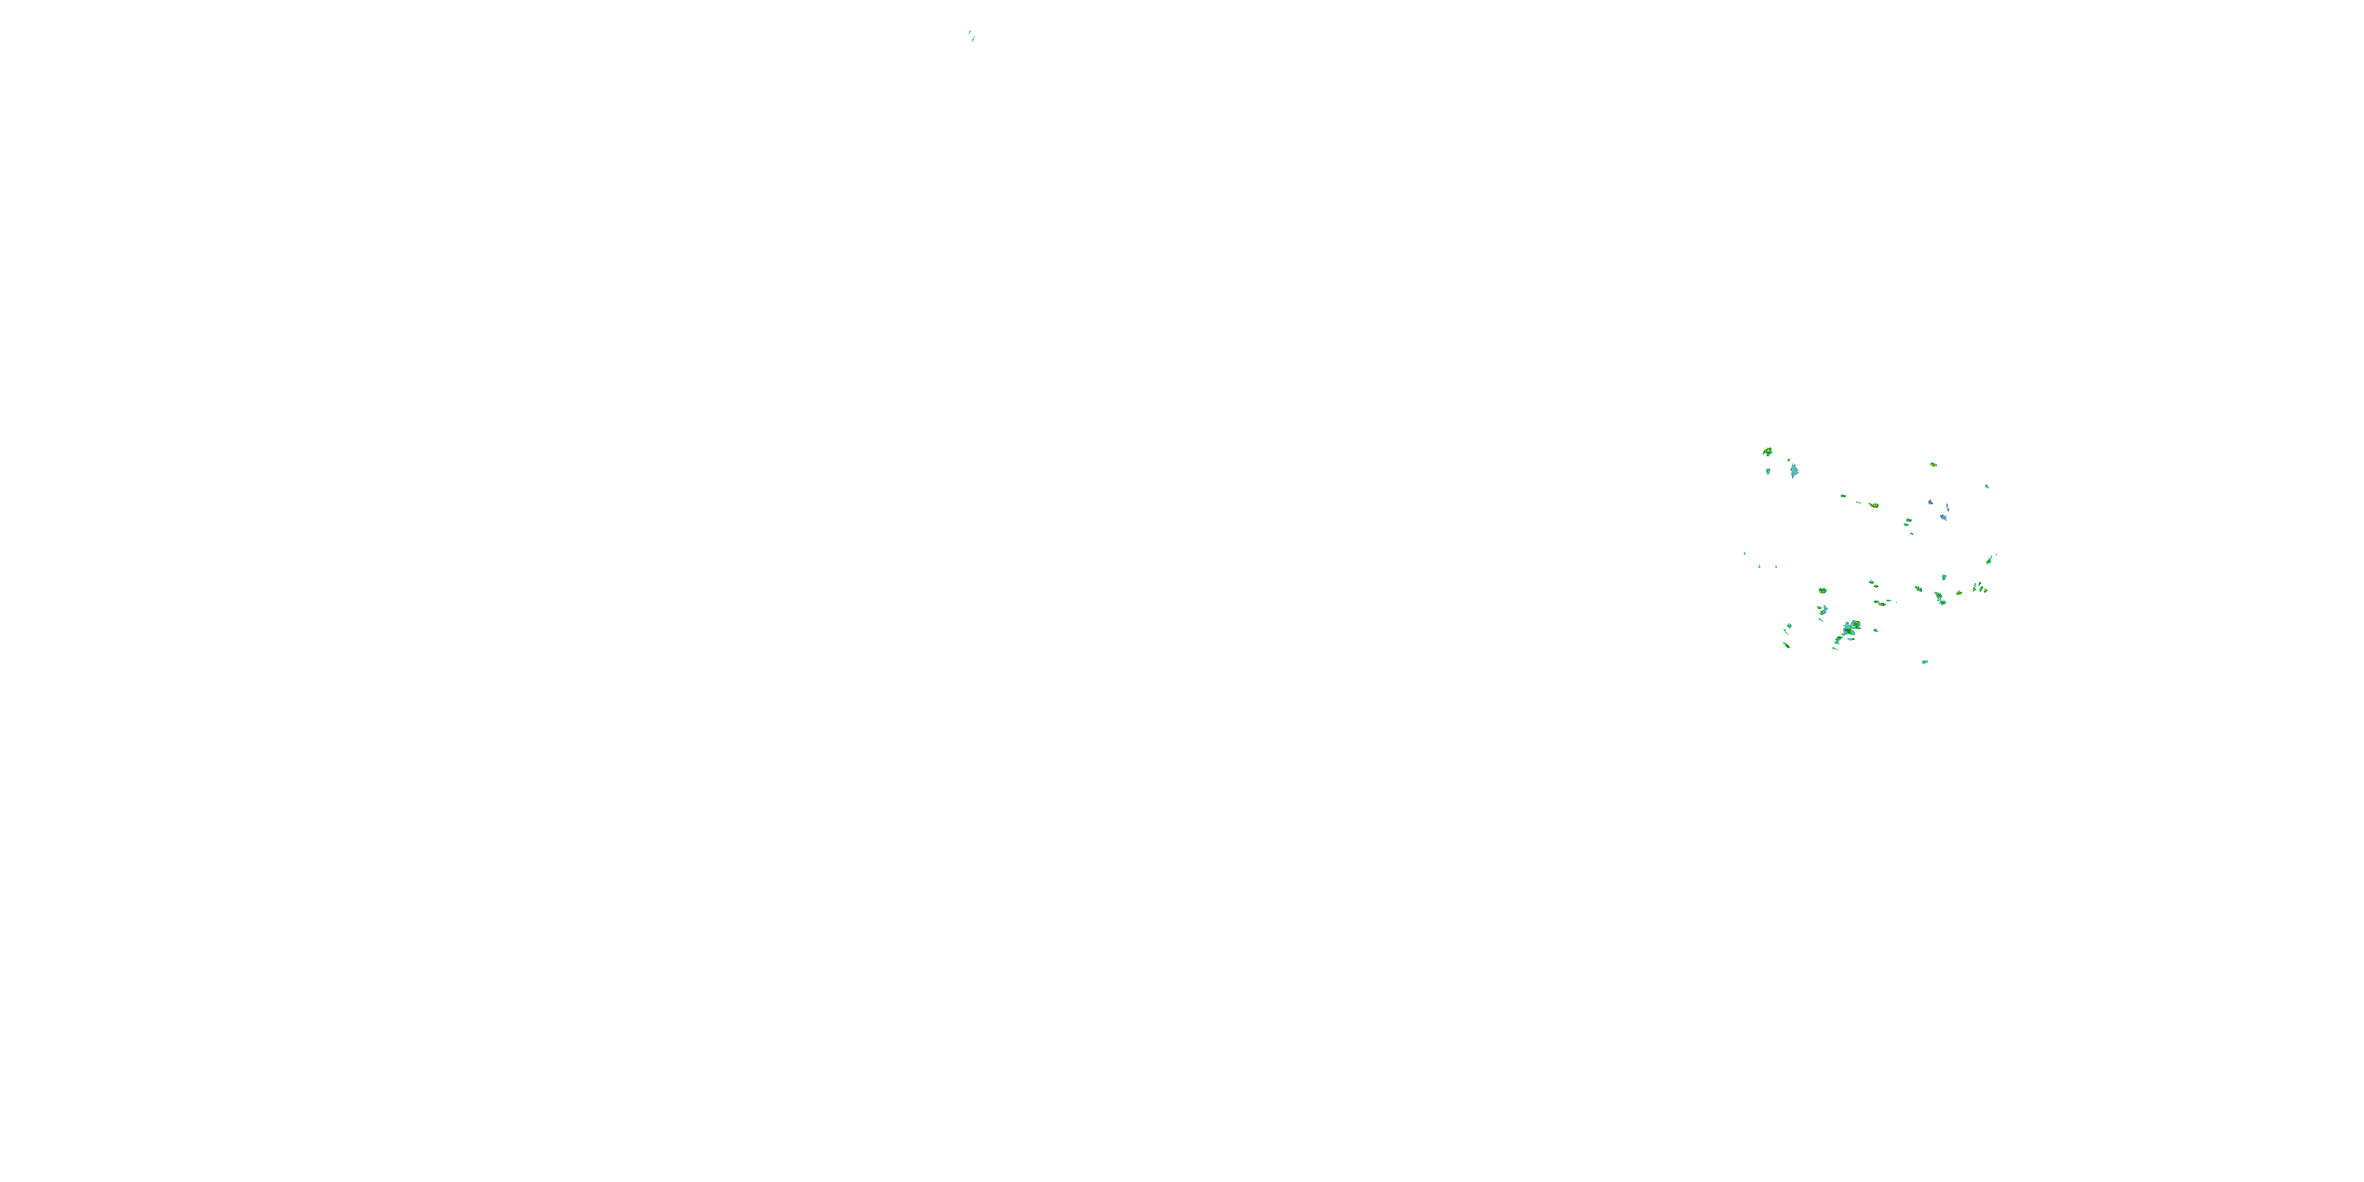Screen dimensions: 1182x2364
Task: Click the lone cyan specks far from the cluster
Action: point(971,35)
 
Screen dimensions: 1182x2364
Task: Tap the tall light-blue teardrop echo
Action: point(1794,470)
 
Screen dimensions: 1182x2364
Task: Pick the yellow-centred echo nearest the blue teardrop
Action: point(1767,452)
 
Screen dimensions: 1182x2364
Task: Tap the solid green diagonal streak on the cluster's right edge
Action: point(1990,559)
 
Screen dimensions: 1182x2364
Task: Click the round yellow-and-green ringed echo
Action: point(1823,590)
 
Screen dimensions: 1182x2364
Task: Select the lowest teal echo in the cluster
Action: point(1924,662)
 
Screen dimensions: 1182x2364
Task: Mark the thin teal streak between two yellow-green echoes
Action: point(1858,501)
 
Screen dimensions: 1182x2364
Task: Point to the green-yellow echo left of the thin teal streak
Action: point(1843,496)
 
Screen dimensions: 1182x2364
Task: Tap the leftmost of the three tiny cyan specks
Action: point(1745,552)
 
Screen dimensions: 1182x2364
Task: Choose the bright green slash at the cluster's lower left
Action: point(1786,645)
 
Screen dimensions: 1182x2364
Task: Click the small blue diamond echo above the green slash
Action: point(1789,626)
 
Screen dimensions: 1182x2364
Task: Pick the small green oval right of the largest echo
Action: point(1875,630)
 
